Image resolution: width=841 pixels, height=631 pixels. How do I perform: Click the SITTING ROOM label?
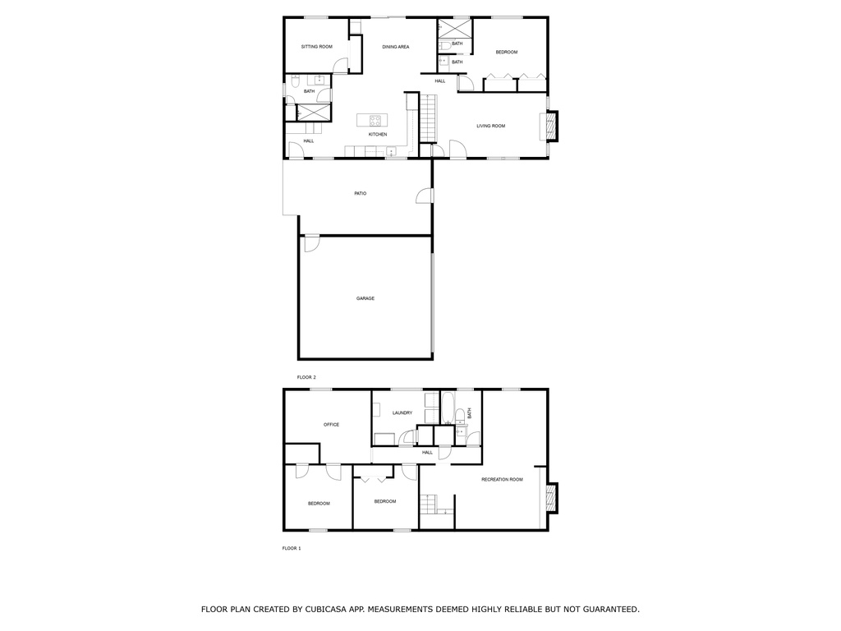click(x=316, y=47)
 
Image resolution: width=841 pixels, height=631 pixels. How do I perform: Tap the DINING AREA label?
click(x=396, y=47)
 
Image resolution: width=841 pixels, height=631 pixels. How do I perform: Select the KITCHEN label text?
click(x=378, y=134)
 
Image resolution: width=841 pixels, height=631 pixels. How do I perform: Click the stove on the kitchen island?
click(x=375, y=120)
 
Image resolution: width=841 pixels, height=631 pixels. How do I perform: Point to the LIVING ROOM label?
click(x=491, y=126)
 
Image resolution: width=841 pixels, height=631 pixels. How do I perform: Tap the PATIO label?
click(x=361, y=193)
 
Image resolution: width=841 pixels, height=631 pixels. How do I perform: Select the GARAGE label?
click(x=365, y=298)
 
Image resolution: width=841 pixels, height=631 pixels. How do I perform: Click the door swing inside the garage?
click(x=311, y=243)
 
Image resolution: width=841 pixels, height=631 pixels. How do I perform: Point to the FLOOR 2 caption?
click(x=306, y=377)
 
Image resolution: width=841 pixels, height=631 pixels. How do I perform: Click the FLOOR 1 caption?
click(x=292, y=548)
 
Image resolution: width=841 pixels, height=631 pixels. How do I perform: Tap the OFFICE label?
click(x=332, y=425)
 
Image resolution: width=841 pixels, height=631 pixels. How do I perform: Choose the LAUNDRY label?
click(x=402, y=412)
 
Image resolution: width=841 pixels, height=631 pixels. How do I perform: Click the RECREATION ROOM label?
click(x=502, y=480)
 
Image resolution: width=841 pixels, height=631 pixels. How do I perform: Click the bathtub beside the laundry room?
click(x=448, y=408)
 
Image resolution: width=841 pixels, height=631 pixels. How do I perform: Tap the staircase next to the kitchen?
click(x=426, y=118)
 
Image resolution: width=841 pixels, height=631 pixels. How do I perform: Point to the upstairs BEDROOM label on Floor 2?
click(x=506, y=52)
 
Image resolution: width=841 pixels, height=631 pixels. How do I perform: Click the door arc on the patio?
click(x=423, y=196)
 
